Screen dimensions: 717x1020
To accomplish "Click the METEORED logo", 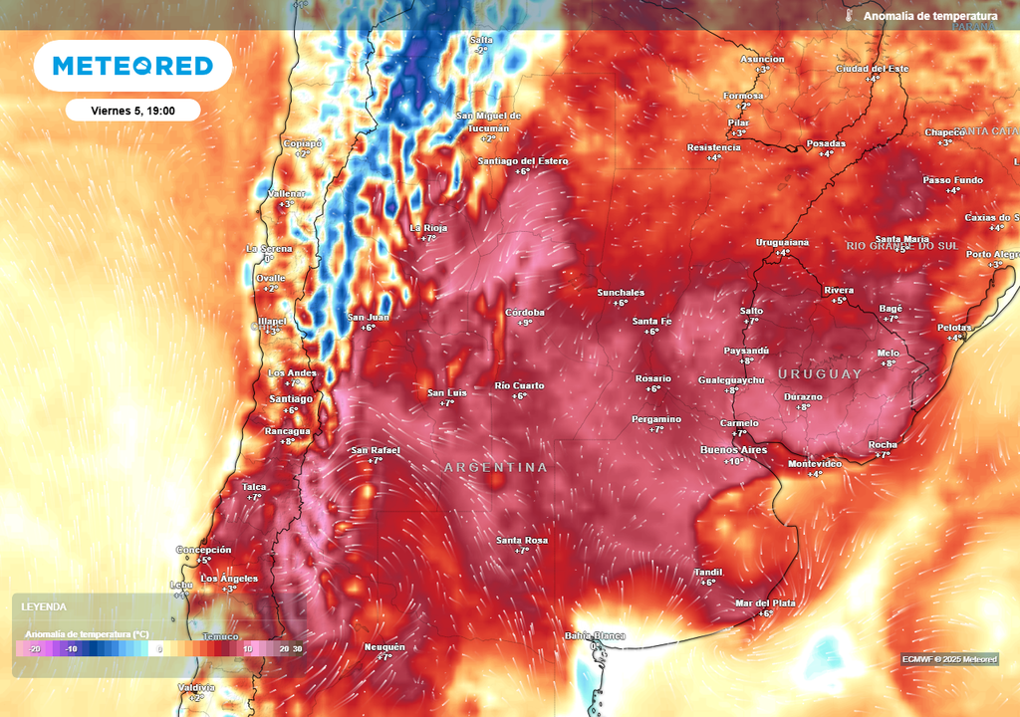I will click(132, 66).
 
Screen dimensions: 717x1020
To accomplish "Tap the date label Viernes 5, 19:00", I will click(132, 110).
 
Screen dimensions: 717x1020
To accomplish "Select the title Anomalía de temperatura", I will click(930, 16).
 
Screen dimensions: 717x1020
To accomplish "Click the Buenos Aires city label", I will click(734, 450).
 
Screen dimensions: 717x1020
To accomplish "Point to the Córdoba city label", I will click(525, 313).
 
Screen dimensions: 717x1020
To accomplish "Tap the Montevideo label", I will click(816, 463).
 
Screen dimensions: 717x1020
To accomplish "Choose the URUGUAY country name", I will click(821, 373).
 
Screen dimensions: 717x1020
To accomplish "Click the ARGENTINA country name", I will click(496, 467).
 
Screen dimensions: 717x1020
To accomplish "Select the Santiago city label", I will click(291, 398).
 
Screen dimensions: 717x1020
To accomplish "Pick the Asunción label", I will click(762, 59).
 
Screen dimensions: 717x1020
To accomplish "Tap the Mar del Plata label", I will click(766, 602).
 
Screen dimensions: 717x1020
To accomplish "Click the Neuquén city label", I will click(384, 646).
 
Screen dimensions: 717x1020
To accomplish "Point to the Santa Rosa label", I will click(522, 540).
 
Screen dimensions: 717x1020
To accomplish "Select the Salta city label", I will click(481, 39).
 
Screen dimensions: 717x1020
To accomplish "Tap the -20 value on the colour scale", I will click(34, 649).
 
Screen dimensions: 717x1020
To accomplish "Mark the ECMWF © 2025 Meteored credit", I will click(949, 659).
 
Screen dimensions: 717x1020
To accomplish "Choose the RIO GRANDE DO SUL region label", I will click(901, 245).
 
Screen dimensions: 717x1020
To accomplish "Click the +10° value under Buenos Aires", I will click(735, 461).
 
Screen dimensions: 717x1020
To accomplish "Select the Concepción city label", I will click(204, 550).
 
